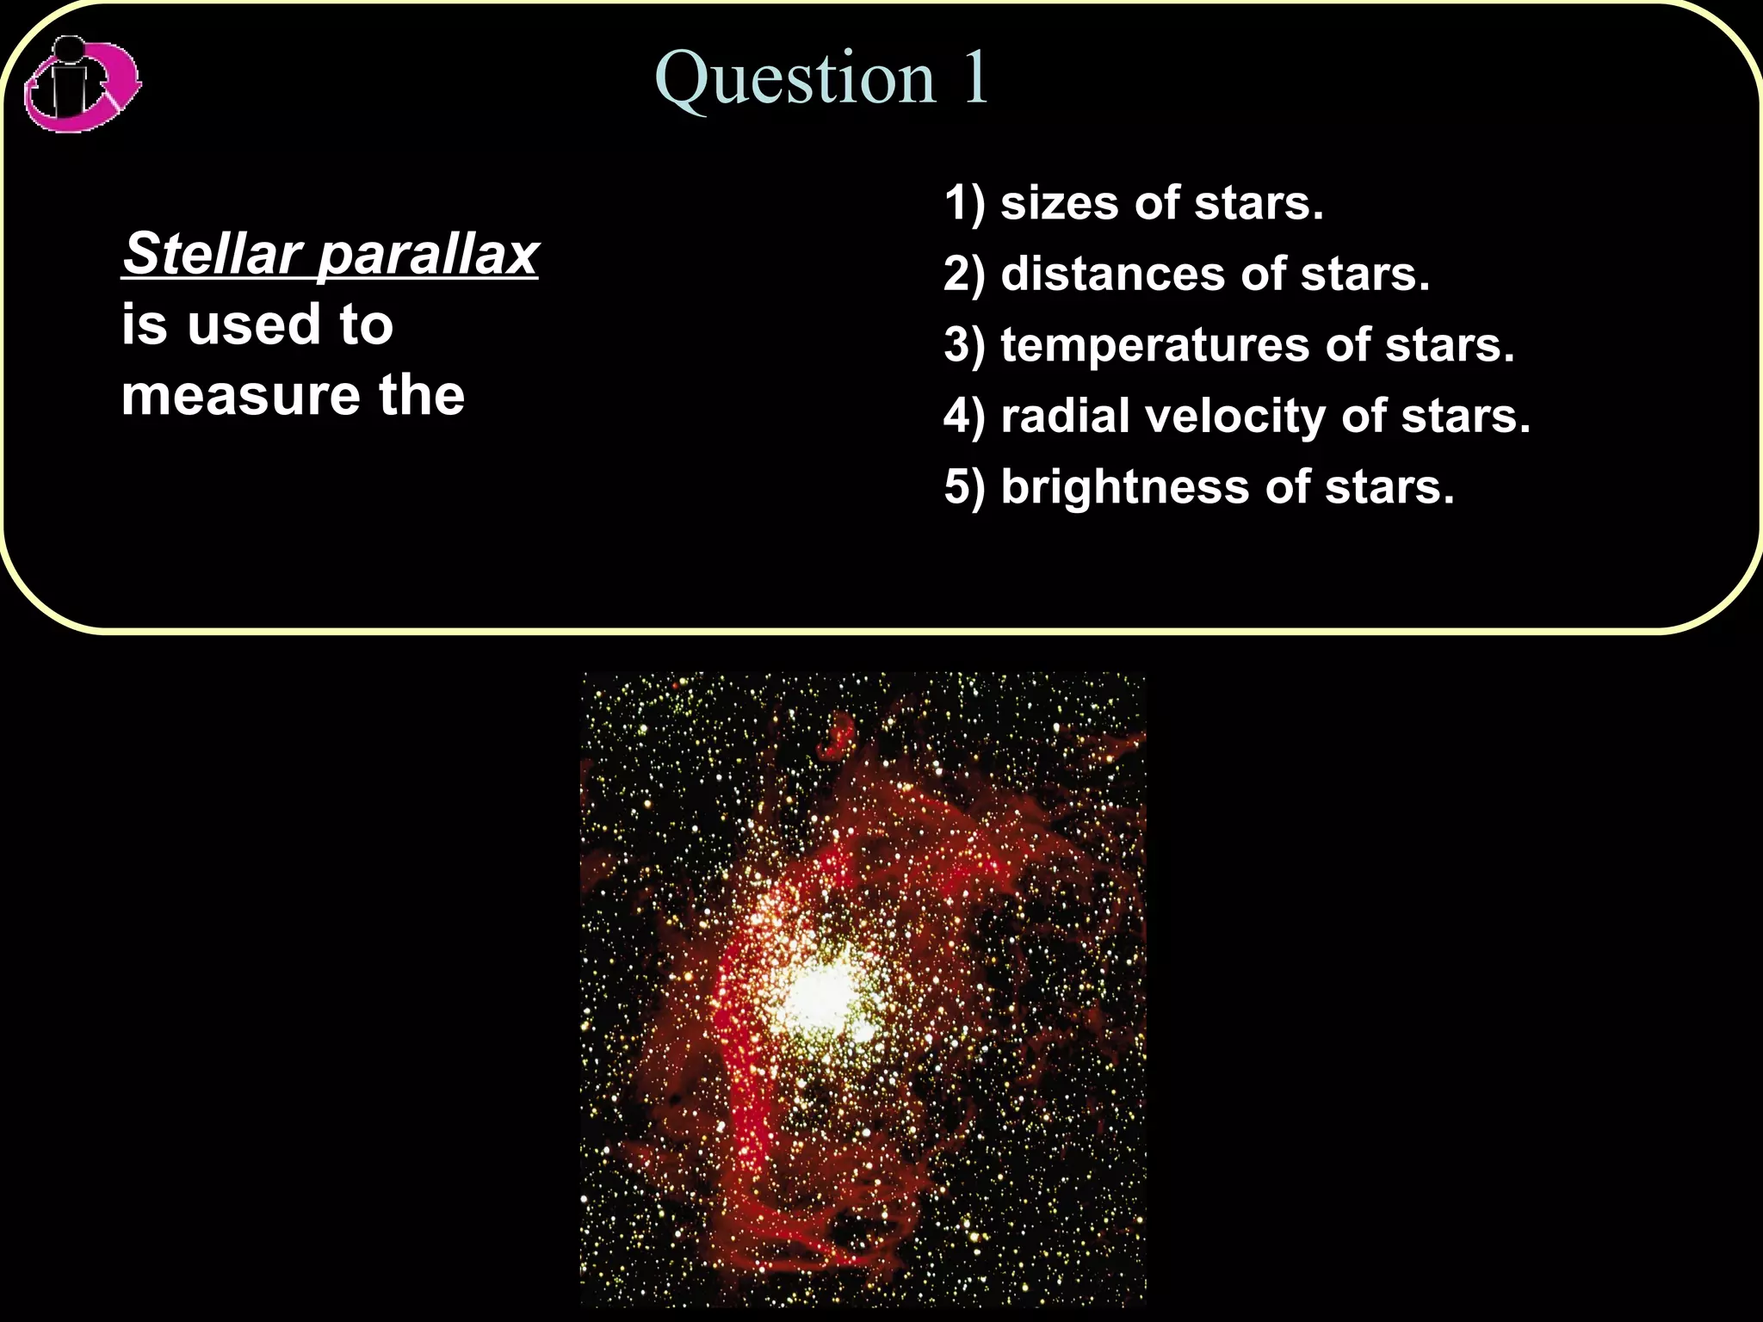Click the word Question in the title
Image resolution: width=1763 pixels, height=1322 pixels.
795,79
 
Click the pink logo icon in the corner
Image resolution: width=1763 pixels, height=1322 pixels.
82,84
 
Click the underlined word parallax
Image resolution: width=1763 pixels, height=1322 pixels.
428,256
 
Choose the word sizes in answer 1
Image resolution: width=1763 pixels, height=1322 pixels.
1058,203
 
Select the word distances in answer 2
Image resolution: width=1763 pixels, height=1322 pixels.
1113,275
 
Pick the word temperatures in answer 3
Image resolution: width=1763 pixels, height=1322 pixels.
1154,346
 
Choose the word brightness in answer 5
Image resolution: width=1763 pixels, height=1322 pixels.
1124,487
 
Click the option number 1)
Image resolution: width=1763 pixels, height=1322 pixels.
964,204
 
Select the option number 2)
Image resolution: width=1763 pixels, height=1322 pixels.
964,275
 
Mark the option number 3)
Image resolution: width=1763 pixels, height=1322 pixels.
964,346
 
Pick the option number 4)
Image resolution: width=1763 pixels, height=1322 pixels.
964,417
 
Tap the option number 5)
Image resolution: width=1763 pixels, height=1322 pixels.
964,488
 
